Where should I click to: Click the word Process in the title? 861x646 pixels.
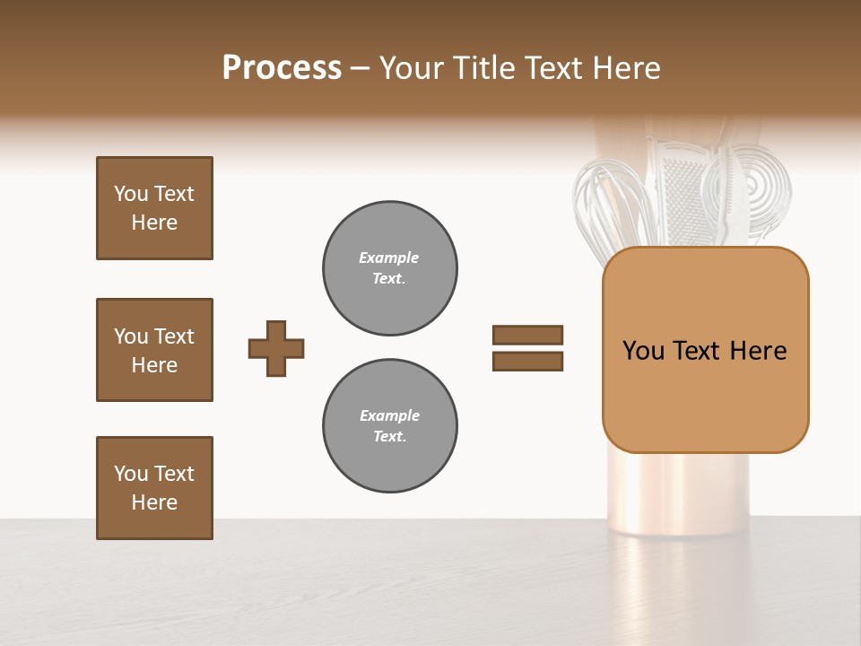282,68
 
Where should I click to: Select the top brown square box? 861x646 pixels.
154,208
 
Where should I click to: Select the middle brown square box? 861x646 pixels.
154,350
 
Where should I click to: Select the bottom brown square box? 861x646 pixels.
154,488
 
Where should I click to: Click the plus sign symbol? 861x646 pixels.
276,348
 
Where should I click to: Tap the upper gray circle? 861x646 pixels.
389,267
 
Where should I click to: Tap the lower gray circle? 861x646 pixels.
389,425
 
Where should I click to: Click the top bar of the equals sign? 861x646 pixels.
527,335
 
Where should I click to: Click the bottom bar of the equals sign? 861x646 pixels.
527,361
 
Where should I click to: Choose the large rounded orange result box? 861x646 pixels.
705,350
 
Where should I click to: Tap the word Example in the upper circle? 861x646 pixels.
388,258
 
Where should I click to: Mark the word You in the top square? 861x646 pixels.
130,194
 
